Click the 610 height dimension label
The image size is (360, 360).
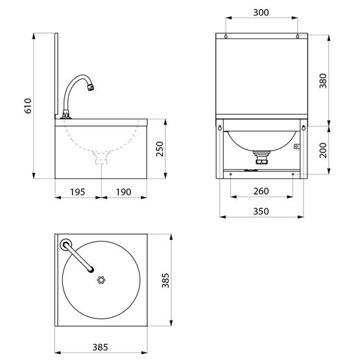pyautogui.click(x=28, y=106)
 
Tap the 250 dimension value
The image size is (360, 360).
pyautogui.click(x=160, y=149)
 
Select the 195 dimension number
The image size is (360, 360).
pyautogui.click(x=78, y=192)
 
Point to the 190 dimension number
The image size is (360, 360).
pyautogui.click(x=123, y=192)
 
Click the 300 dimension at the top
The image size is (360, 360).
pyautogui.click(x=261, y=12)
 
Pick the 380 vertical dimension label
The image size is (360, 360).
pyautogui.click(x=323, y=81)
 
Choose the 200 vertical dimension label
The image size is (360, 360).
pyautogui.click(x=323, y=150)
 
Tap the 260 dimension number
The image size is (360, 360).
pyautogui.click(x=261, y=191)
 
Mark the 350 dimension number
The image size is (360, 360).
pyautogui.click(x=261, y=211)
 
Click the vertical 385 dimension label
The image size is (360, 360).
pyautogui.click(x=165, y=280)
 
